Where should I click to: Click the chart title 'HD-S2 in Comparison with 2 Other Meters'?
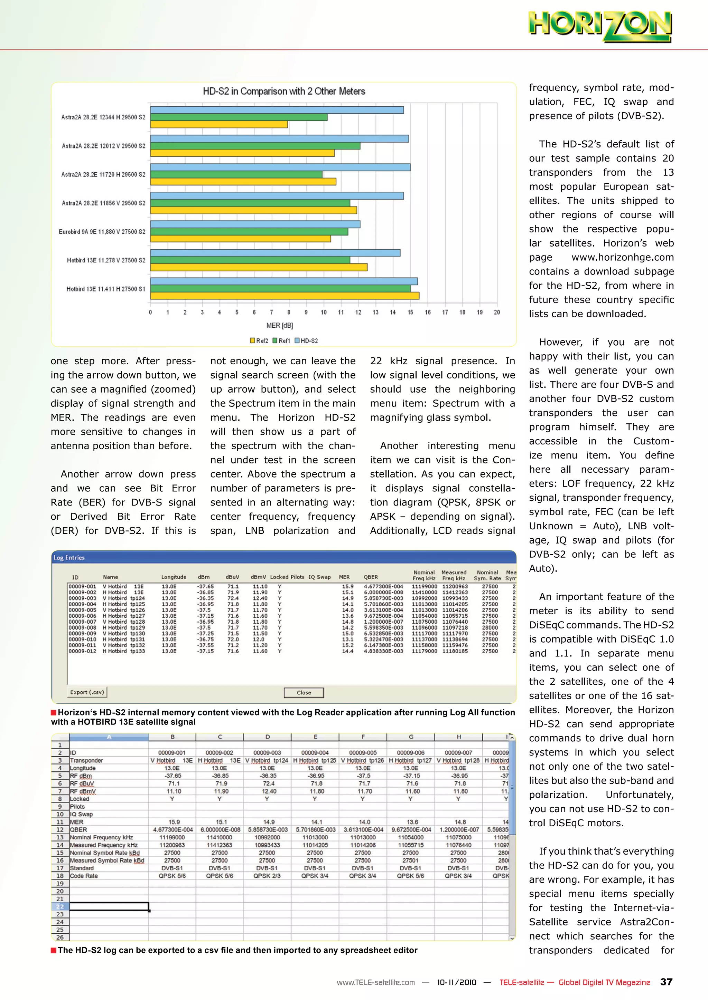tap(284, 92)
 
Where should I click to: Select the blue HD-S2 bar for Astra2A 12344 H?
tap(277, 110)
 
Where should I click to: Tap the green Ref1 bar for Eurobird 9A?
tap(249, 232)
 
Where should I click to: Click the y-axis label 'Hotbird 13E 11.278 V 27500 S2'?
tap(106, 260)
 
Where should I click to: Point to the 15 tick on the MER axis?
tap(410, 312)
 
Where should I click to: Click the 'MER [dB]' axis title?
tap(279, 325)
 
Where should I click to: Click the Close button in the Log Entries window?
tap(304, 693)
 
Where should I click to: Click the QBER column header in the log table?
tap(371, 577)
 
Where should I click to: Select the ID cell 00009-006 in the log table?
tap(82, 616)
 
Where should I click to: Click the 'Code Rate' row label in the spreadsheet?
tap(84, 876)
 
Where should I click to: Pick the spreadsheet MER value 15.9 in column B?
tap(174, 822)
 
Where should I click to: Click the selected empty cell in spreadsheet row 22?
tap(109, 906)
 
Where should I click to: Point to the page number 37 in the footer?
tap(666, 982)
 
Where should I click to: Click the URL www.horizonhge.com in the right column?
tap(623, 257)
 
